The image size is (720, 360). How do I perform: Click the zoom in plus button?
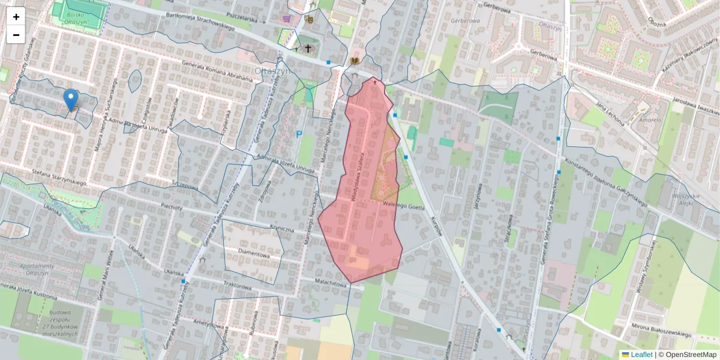coord(16,17)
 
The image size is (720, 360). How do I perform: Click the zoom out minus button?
coord(16,35)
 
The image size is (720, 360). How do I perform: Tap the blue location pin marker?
coord(71,100)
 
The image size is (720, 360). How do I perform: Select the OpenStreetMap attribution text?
coord(687,355)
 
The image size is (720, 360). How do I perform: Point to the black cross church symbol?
coord(308,48)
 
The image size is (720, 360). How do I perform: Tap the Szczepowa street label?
coord(184,187)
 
